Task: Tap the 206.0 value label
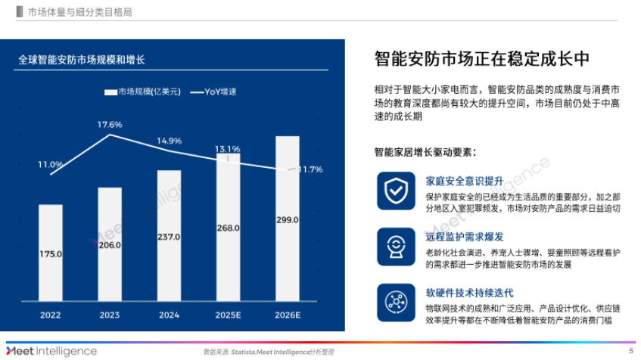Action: pos(110,246)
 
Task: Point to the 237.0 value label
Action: pos(169,237)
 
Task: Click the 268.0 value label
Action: pos(229,227)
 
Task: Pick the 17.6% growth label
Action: pos(110,124)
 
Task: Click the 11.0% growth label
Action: pos(51,164)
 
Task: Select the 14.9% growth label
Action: pos(169,141)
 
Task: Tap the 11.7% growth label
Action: pos(310,169)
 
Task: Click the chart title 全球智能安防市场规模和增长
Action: pos(82,58)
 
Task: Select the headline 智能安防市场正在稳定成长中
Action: pos(482,59)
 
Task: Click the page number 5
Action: pos(630,352)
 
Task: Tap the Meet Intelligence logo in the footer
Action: pos(51,351)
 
